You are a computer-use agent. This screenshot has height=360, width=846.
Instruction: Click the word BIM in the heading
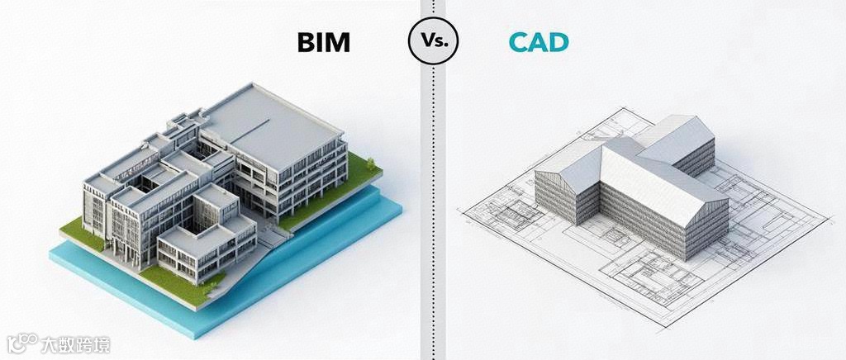point(323,42)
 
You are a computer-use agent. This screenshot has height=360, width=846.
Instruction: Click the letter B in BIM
point(305,42)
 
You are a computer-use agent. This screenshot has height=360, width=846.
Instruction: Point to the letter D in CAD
point(558,42)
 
